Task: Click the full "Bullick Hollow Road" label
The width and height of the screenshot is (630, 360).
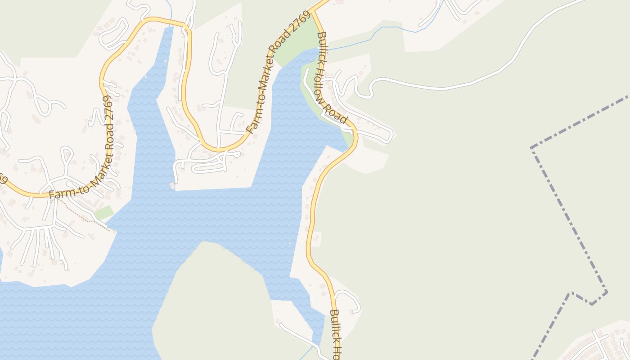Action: point(332,77)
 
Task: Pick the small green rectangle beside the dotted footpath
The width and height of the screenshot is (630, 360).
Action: point(103,212)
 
